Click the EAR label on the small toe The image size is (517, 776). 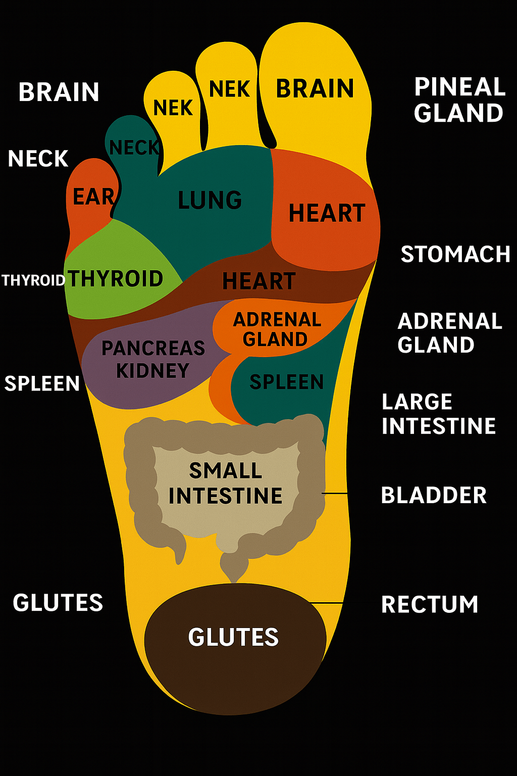tap(93, 197)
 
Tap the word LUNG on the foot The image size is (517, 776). tap(210, 200)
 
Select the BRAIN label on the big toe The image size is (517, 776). tap(315, 89)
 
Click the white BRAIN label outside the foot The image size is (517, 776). tap(59, 92)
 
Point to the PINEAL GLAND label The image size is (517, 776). tap(458, 100)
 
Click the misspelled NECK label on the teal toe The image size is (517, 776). tap(134, 148)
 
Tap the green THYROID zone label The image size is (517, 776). tap(116, 279)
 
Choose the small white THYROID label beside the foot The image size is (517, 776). tap(33, 280)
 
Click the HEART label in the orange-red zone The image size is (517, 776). tap(327, 213)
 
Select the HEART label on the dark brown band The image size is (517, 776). tap(258, 281)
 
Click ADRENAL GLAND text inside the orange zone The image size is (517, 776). tap(277, 329)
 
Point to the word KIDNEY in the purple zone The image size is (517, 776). tap(152, 371)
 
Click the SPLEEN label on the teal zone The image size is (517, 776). tap(286, 382)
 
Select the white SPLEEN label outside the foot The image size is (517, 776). tap(42, 384)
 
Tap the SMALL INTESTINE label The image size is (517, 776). tap(225, 483)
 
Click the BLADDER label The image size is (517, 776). tap(434, 496)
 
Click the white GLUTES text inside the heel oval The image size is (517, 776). tap(233, 637)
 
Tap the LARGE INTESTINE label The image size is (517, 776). tap(438, 414)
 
